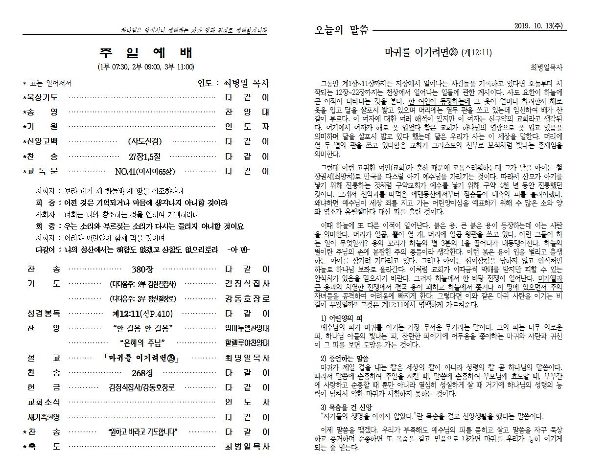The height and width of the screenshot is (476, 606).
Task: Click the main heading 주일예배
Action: pyautogui.click(x=146, y=53)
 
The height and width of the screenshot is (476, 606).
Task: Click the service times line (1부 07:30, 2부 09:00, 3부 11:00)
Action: pyautogui.click(x=146, y=67)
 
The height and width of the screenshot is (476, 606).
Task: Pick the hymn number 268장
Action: pyautogui.click(x=142, y=373)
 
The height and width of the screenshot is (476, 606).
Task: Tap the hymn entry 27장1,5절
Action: pyautogui.click(x=144, y=157)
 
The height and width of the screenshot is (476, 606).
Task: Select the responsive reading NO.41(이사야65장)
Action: pyautogui.click(x=144, y=172)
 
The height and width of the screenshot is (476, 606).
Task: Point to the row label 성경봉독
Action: pyautogui.click(x=44, y=313)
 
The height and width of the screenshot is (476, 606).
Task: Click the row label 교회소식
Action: pyautogui.click(x=44, y=402)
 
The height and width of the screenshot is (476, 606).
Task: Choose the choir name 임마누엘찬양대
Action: pyautogui.click(x=247, y=328)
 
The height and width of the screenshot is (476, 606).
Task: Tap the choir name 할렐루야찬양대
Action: pyautogui.click(x=247, y=343)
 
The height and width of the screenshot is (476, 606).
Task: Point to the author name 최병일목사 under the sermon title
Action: pyautogui.click(x=546, y=68)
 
